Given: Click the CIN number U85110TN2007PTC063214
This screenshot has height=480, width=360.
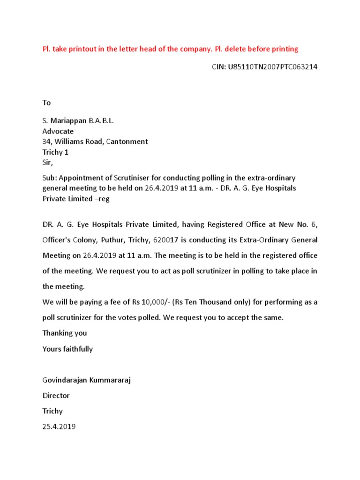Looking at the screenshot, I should [272, 67].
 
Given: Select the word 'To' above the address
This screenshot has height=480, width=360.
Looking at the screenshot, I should [46, 103].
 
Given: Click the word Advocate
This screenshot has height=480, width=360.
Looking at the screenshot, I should [58, 131].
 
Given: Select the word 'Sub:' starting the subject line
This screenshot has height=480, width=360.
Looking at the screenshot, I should [50, 178].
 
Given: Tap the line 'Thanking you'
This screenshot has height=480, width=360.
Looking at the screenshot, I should [65, 333].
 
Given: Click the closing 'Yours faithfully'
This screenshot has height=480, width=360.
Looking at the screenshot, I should [67, 349].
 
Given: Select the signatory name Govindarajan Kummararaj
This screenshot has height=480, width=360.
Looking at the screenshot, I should [86, 380].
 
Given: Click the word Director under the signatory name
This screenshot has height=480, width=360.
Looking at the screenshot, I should [56, 396].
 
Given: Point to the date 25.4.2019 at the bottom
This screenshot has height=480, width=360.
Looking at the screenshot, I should [59, 427].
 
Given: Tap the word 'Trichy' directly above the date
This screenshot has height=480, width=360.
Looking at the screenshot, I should [52, 411].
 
